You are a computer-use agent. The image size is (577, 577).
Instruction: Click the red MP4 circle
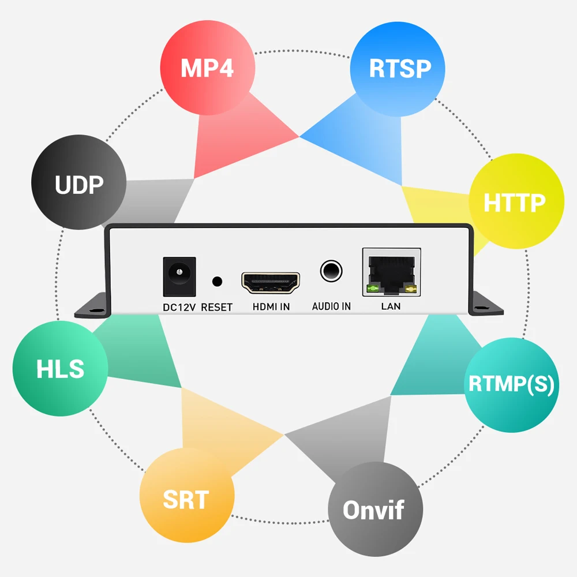(207, 68)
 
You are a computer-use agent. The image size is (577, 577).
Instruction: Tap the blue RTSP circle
(399, 68)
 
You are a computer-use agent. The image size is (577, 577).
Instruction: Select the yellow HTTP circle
(516, 202)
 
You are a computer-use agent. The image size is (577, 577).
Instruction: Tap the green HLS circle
(60, 369)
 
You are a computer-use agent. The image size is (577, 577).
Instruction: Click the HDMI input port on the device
(271, 282)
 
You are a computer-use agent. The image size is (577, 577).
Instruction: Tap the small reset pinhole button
(218, 282)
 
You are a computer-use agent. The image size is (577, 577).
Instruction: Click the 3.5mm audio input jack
(331, 269)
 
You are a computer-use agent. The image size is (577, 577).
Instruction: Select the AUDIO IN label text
(331, 306)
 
